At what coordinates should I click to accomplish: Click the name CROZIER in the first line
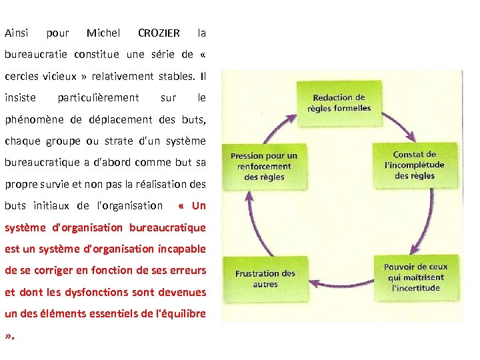click(159, 33)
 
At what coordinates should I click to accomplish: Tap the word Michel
click(103, 33)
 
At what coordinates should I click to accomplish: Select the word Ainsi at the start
click(16, 33)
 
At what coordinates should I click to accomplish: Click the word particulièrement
click(98, 98)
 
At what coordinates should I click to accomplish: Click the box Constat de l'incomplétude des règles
click(414, 165)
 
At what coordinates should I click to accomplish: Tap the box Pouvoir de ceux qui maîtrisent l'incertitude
click(415, 277)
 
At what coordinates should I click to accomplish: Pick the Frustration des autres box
click(265, 278)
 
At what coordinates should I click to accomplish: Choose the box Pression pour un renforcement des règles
click(264, 166)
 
